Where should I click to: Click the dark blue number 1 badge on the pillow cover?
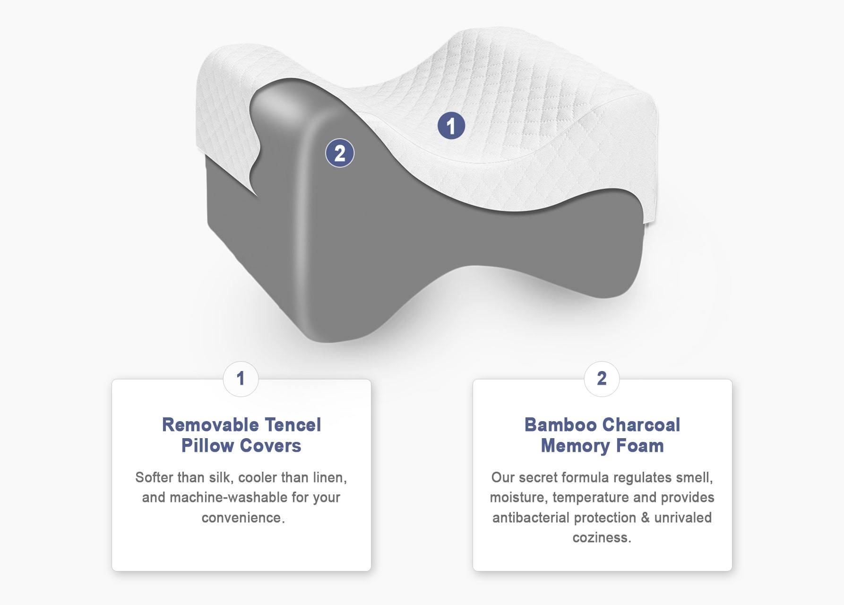click(451, 126)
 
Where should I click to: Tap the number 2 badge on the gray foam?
click(340, 153)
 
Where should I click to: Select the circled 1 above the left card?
click(241, 379)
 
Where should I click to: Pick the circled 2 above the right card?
click(602, 379)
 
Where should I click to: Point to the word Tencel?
click(293, 425)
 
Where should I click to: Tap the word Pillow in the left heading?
click(208, 446)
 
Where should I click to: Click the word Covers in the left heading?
click(270, 446)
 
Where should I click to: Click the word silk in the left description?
click(220, 477)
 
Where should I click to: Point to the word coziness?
click(602, 538)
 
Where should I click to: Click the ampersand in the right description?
click(646, 518)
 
